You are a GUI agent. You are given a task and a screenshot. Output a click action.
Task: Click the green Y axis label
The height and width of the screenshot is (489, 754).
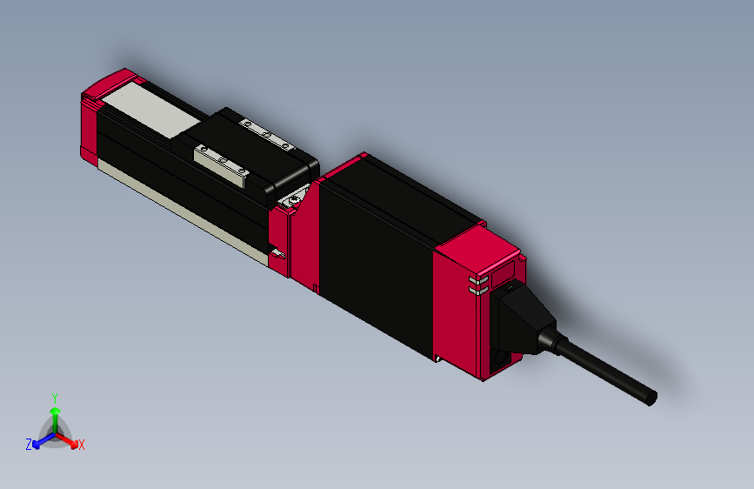55,396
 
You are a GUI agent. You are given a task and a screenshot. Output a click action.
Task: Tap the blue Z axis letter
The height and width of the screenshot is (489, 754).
28,445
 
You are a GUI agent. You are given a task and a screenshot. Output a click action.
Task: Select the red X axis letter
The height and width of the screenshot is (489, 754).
82,445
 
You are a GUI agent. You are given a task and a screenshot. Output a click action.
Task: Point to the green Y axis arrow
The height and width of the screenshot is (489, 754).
55,413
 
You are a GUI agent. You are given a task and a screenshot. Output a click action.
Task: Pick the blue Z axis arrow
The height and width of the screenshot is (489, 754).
39,440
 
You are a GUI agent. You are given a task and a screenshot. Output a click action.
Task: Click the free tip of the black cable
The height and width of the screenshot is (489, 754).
651,399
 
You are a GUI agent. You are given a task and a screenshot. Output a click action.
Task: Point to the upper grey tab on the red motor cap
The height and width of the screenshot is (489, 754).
476,281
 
